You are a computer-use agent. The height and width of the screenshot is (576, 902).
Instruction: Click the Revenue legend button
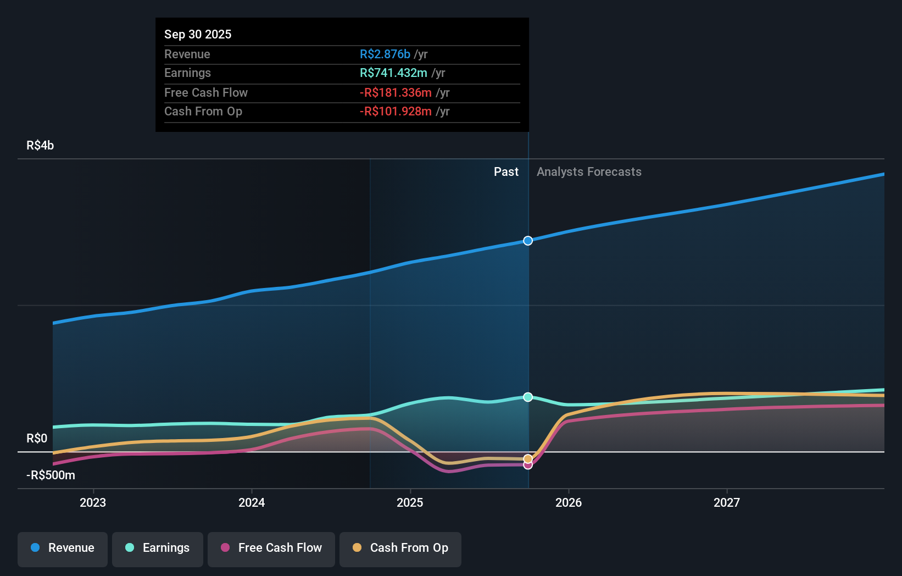pos(63,549)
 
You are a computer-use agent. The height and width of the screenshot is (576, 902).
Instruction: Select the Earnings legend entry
pos(158,549)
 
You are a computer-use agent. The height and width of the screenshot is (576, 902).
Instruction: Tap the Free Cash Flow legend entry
pos(271,549)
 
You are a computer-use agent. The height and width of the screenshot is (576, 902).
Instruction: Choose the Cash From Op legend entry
pos(400,549)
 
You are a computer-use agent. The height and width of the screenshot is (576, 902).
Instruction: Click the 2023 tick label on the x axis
pos(93,502)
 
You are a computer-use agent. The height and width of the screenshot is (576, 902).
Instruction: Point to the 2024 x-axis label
pos(252,502)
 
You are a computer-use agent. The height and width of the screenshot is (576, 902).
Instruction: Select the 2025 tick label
pos(410,502)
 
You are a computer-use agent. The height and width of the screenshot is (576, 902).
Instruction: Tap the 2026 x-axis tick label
pos(569,502)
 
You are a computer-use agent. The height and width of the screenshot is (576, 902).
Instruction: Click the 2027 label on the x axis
pos(727,502)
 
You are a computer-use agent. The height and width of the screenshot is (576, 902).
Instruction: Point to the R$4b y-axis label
pos(40,146)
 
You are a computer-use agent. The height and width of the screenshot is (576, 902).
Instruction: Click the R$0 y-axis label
pos(37,439)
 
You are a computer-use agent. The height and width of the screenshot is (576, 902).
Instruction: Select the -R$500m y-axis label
pos(51,475)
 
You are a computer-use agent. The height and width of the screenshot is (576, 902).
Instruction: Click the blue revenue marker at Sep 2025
pos(528,241)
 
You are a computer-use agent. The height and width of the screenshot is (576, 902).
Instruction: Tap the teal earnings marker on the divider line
pos(528,397)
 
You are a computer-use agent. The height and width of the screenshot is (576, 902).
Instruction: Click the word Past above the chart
pos(506,172)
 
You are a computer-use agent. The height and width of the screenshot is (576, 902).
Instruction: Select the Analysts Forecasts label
pos(589,172)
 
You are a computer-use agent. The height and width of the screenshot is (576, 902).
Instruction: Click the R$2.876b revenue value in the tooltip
pos(385,54)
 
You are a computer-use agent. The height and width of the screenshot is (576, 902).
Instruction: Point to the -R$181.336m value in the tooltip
pos(396,93)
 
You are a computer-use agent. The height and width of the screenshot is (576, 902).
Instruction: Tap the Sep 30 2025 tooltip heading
pos(198,35)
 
